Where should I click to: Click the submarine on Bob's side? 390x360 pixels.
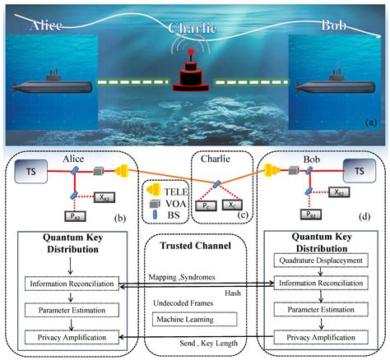(337, 85)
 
